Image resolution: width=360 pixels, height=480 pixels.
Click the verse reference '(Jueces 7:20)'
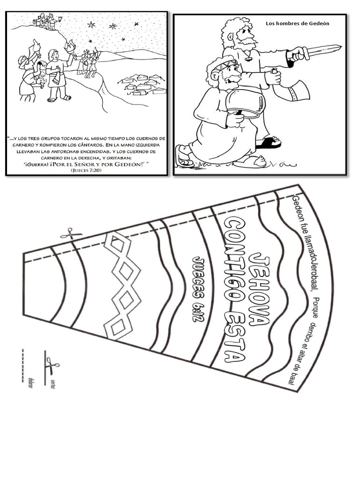coord(86,170)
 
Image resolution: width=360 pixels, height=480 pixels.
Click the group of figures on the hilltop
coord(45,21)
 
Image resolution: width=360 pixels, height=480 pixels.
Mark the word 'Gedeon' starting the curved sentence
coord(296,209)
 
